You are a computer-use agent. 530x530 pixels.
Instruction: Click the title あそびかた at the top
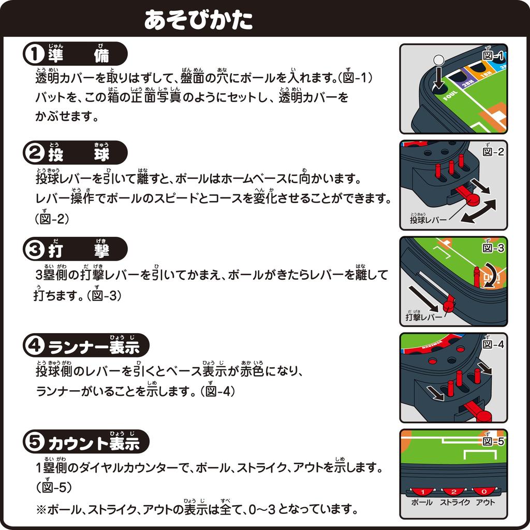point(199,19)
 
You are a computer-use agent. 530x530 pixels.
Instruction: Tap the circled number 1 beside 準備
point(35,54)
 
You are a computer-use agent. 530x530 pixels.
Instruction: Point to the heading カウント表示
point(94,443)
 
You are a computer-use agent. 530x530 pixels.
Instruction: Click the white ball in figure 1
point(438,60)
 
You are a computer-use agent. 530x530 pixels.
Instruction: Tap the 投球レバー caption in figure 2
point(428,220)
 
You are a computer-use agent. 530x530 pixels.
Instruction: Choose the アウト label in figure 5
point(485,503)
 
